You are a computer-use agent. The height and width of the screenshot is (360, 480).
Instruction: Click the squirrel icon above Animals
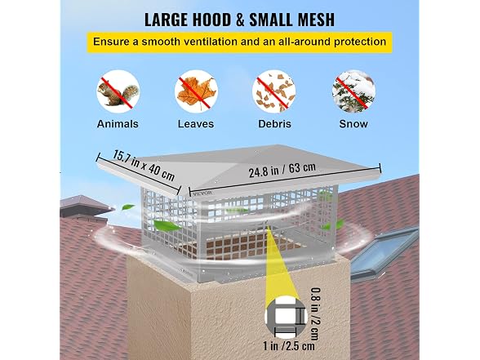coord(118,91)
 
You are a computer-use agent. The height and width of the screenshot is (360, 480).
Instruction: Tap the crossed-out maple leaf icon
coord(196,91)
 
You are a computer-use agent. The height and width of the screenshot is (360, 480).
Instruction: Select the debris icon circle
coord(274,91)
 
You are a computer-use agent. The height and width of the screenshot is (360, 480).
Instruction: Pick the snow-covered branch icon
coord(353,91)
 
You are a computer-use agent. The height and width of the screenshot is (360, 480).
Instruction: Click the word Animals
coord(118,124)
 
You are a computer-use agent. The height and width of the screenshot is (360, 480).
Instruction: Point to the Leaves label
coord(196,124)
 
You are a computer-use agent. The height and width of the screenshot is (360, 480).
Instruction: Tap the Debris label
coord(274,124)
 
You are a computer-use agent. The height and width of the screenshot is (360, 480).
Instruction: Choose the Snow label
coord(353,124)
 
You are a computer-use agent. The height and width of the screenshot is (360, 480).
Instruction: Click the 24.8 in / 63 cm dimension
coord(282,170)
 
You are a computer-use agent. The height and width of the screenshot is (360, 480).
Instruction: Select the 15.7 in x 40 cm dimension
coord(144,165)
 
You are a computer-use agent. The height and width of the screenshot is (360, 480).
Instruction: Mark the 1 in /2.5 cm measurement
coord(289,346)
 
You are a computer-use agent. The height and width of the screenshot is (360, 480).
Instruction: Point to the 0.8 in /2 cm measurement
coord(315,313)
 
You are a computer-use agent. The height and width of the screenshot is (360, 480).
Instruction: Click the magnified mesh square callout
coord(286,317)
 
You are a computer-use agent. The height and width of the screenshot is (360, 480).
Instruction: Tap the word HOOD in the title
coord(212,20)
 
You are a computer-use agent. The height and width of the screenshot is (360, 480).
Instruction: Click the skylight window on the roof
coord(385,251)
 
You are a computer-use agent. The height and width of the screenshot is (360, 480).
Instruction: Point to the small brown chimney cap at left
coord(85,207)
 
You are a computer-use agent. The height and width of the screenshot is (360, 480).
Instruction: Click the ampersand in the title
coord(240,20)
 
